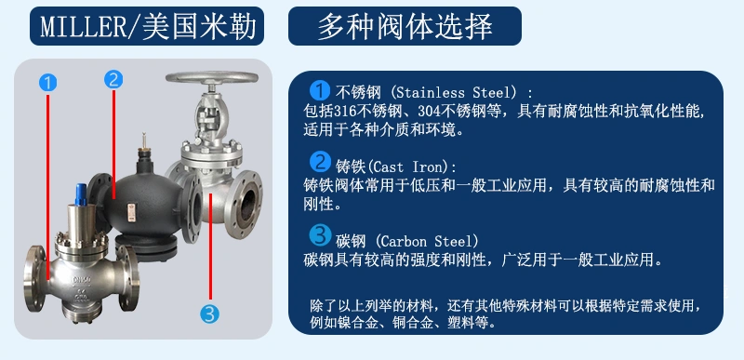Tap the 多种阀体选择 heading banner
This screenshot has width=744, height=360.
coord(405,26)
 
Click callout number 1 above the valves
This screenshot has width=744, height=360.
coord(48,82)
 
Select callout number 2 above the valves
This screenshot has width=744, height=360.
coord(113,79)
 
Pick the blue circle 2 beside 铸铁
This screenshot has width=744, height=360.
coord(319,161)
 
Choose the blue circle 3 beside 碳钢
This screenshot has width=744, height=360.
coord(319,233)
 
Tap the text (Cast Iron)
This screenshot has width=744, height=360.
coord(413,166)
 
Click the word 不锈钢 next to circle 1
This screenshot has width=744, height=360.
coord(357,93)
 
